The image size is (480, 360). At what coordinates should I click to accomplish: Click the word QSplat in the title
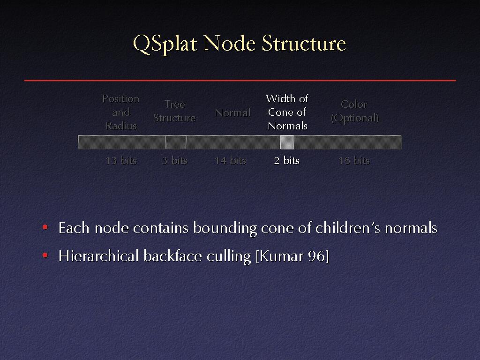point(165,44)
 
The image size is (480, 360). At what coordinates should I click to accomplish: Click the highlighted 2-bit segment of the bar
point(287,142)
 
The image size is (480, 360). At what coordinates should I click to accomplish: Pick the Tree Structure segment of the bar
point(176,142)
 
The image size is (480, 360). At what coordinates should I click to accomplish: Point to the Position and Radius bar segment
point(122,142)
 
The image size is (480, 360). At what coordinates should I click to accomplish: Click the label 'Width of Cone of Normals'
point(287,112)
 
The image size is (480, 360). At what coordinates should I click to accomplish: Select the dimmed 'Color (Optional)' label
point(354,111)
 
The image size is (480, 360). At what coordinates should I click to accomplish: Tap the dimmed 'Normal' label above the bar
point(232,112)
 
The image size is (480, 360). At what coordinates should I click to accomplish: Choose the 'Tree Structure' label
point(174,111)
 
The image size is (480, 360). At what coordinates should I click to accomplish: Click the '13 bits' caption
point(121,160)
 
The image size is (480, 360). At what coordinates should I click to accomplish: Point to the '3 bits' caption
point(174,160)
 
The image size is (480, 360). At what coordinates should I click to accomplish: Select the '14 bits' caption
point(230,160)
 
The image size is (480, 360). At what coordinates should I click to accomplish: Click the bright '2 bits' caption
point(286,160)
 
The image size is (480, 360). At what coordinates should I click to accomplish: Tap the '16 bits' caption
point(354,160)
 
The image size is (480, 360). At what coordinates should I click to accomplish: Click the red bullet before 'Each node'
point(45,227)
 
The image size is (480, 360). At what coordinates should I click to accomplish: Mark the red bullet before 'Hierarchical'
point(45,255)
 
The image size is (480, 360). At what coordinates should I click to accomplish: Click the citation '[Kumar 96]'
point(292,256)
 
